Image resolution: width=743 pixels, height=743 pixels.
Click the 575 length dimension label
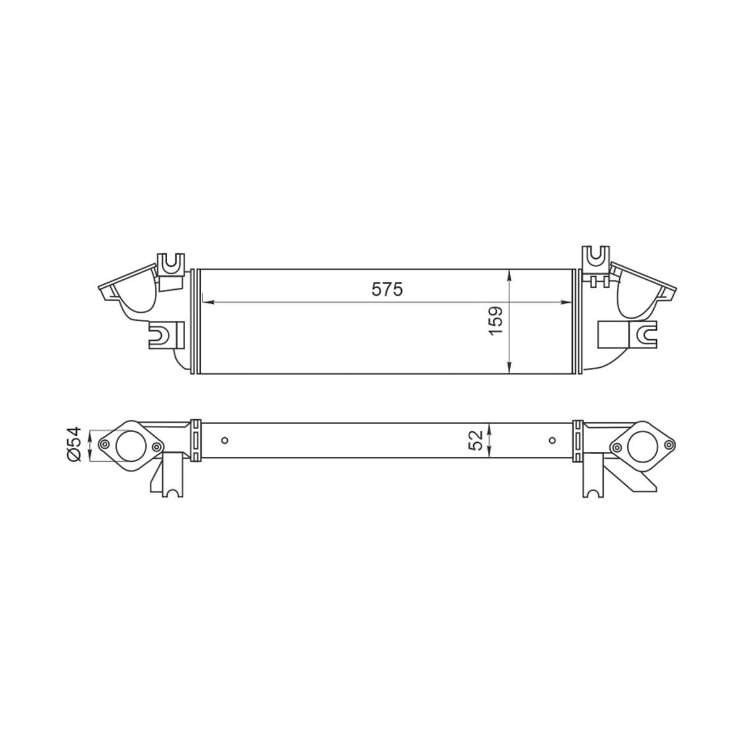[x=387, y=289]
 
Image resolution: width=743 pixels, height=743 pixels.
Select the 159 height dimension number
[x=495, y=321]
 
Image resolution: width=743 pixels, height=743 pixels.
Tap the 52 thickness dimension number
[x=476, y=440]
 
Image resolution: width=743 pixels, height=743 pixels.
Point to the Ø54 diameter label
[x=74, y=444]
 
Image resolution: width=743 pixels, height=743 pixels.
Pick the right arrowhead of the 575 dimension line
[x=567, y=302]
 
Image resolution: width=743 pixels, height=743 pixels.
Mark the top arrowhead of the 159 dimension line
[x=510, y=276]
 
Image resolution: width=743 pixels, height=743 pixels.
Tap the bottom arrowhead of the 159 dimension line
[x=510, y=367]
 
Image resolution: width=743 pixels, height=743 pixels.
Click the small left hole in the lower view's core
[x=225, y=440]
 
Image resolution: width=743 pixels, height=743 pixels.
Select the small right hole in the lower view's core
[x=552, y=440]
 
